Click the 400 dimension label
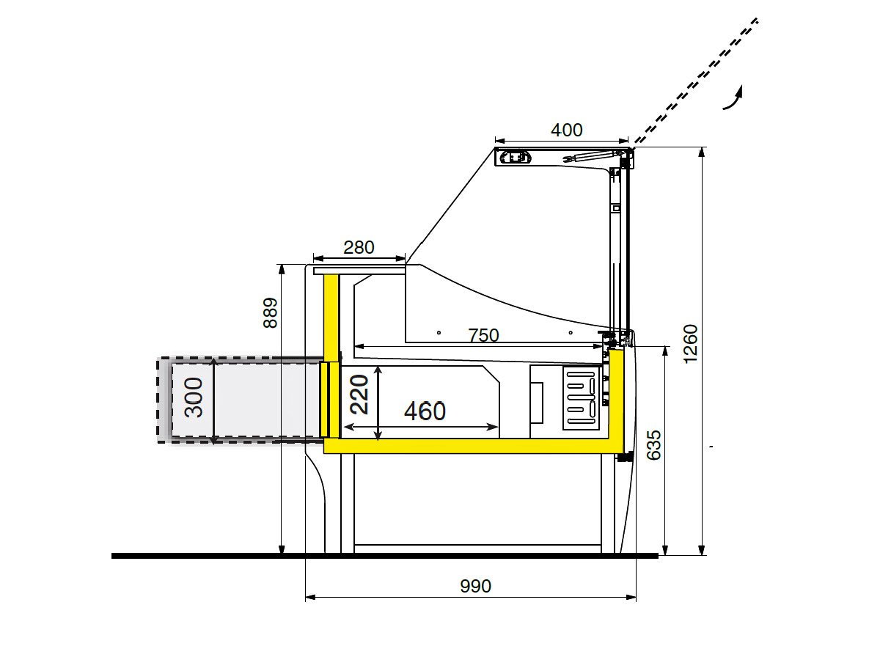coord(566,130)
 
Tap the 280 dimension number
coord(359,248)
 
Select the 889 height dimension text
coord(270,312)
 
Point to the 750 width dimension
coord(483,335)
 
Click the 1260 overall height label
coord(690,344)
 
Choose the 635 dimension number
coord(654,445)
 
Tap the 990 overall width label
coord(475,586)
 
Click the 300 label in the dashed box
coord(194,397)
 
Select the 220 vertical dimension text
coord(359,395)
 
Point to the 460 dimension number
coord(425,411)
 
